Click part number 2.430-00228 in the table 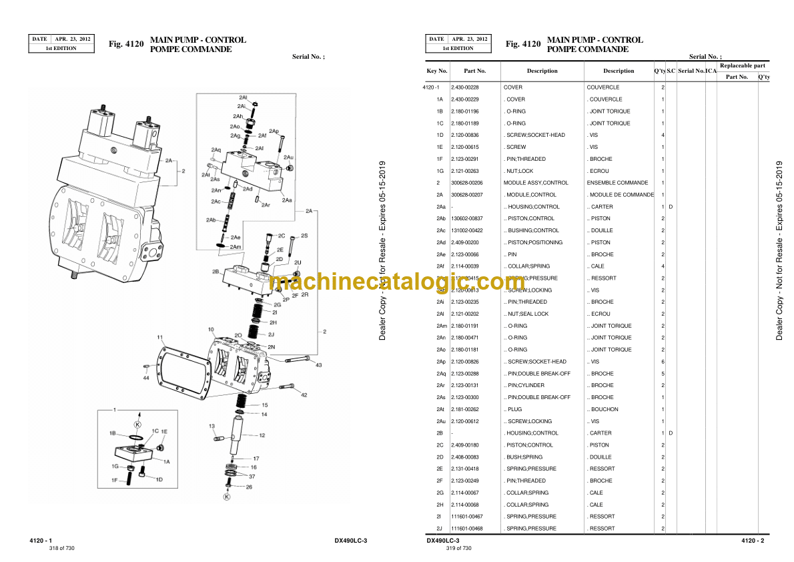point(464,87)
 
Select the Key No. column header point(437,71)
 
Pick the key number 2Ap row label point(441,362)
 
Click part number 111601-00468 point(466,529)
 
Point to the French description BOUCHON point(604,409)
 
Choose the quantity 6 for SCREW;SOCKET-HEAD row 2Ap point(663,362)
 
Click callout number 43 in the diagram point(318,365)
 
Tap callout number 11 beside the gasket point(160,336)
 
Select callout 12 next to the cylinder point(262,435)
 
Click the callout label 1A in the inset point(166,461)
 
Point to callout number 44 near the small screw point(145,378)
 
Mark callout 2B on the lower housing point(216,272)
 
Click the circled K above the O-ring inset point(138,424)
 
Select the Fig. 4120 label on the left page point(126,44)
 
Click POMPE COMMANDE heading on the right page point(587,49)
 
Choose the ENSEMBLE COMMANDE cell point(617,183)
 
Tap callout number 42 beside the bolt point(304,395)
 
